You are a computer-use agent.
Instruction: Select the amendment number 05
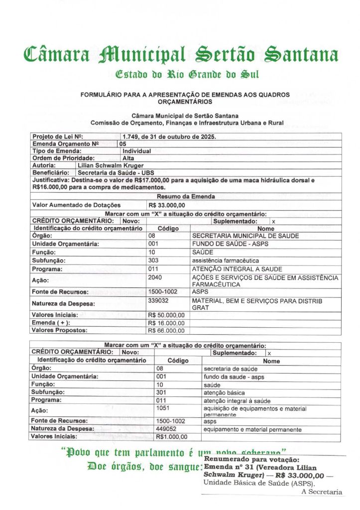(x=123, y=143)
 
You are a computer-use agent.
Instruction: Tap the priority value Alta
(x=128, y=158)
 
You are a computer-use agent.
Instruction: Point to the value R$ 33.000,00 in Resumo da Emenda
(x=167, y=205)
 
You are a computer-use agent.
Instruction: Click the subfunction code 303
(x=153, y=260)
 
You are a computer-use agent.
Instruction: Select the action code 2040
(x=155, y=277)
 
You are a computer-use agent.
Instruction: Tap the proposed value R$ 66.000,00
(x=167, y=330)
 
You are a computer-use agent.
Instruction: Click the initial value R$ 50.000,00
(x=167, y=315)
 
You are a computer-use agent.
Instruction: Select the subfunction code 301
(x=161, y=393)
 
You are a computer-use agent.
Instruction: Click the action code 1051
(x=163, y=407)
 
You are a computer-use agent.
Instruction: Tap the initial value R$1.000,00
(x=172, y=437)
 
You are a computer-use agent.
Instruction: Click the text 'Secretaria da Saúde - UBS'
(x=113, y=172)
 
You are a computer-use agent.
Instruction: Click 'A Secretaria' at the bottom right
(x=322, y=492)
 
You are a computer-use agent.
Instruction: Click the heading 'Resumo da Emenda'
(x=186, y=196)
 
